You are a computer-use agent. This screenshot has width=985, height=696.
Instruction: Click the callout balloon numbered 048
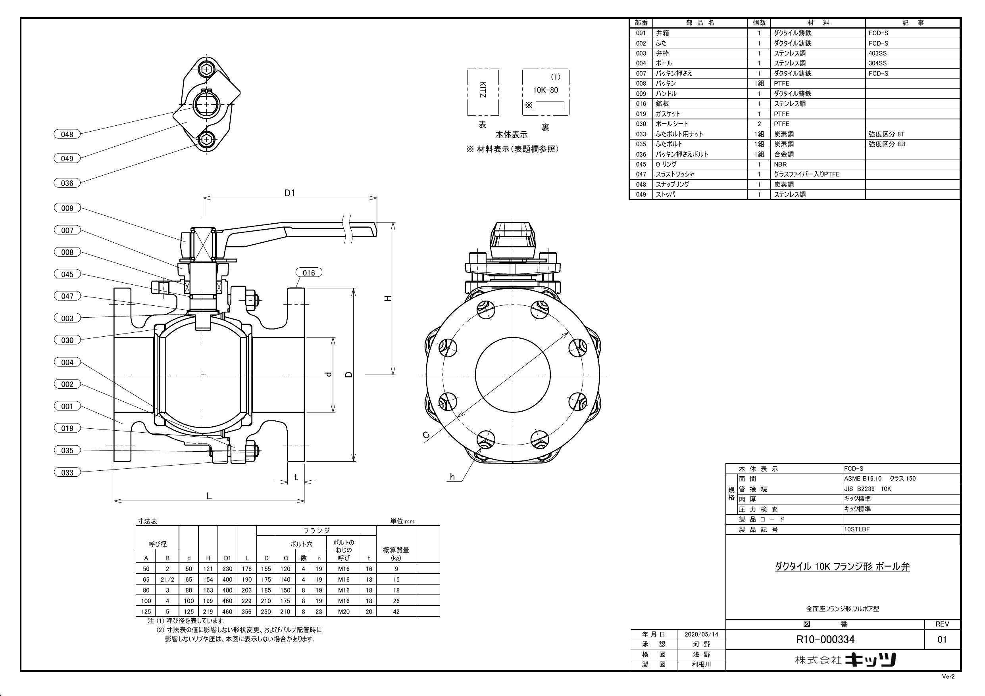[67, 134]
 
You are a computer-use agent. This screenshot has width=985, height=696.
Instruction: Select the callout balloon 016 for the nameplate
[308, 273]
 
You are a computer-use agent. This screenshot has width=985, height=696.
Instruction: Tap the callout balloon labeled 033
[67, 473]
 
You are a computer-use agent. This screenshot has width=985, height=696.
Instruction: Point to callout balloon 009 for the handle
[67, 208]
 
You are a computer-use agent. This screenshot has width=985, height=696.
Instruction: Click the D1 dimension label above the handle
[290, 193]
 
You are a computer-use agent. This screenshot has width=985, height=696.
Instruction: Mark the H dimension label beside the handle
[388, 299]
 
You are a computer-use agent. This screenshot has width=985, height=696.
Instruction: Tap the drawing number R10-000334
[825, 639]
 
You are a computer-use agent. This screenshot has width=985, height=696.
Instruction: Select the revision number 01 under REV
[942, 639]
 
